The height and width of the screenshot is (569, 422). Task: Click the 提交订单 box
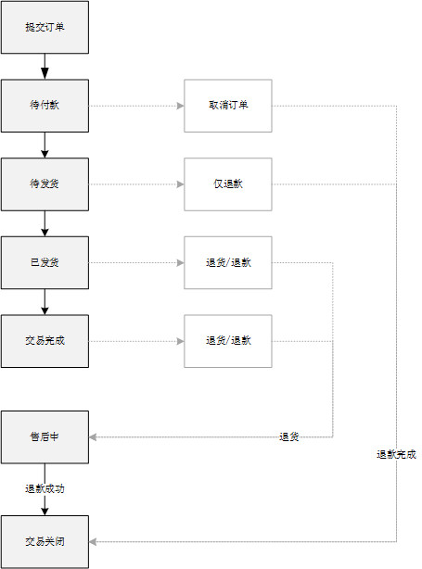(45, 27)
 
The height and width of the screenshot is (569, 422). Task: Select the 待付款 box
(45, 106)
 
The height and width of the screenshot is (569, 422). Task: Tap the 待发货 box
(45, 184)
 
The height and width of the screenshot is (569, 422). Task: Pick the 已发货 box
(45, 262)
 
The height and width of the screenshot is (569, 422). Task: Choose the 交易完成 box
(45, 341)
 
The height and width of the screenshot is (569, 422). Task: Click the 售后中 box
(45, 436)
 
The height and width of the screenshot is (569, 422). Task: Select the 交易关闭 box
(45, 542)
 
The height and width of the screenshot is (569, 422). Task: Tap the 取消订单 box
(228, 106)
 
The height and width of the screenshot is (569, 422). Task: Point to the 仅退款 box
(228, 184)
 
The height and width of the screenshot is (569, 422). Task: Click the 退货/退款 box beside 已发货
(228, 262)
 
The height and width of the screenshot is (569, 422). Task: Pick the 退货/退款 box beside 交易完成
(228, 341)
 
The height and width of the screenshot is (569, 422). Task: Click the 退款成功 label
(45, 488)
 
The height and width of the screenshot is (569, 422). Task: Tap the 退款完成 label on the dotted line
(396, 454)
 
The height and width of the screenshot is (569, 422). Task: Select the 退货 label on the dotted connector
(289, 436)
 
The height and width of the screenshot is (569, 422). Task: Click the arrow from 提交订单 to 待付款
(45, 67)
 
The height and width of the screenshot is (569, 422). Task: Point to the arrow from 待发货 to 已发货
(45, 223)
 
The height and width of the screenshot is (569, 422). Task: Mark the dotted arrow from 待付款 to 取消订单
(136, 106)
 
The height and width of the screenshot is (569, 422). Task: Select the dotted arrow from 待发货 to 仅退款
(136, 184)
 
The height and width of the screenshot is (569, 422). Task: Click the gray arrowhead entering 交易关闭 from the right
(93, 542)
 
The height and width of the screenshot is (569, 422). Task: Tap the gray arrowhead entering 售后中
(93, 436)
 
